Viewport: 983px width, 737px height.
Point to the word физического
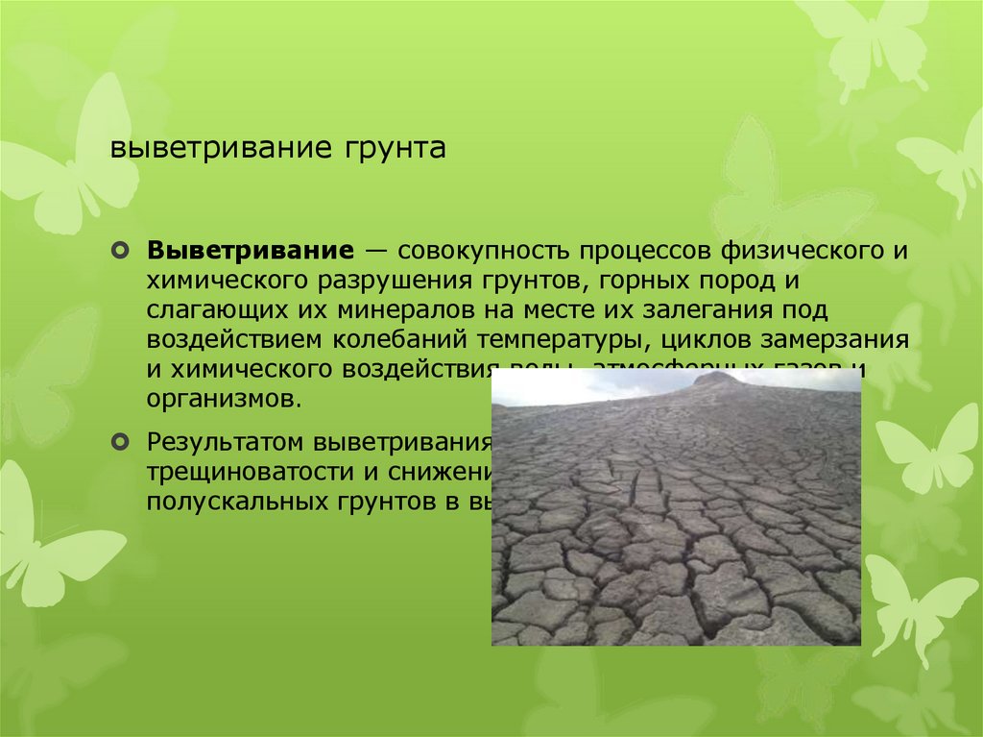tap(793, 252)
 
